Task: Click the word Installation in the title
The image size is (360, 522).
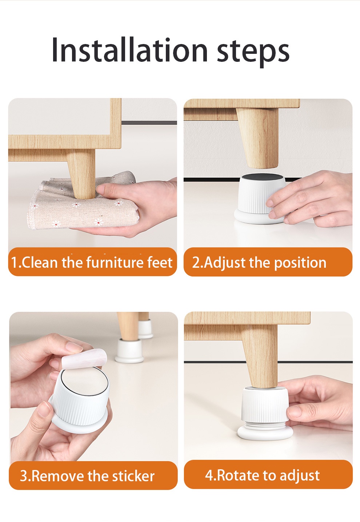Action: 129,50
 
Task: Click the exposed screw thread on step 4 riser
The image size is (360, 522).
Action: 264,424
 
